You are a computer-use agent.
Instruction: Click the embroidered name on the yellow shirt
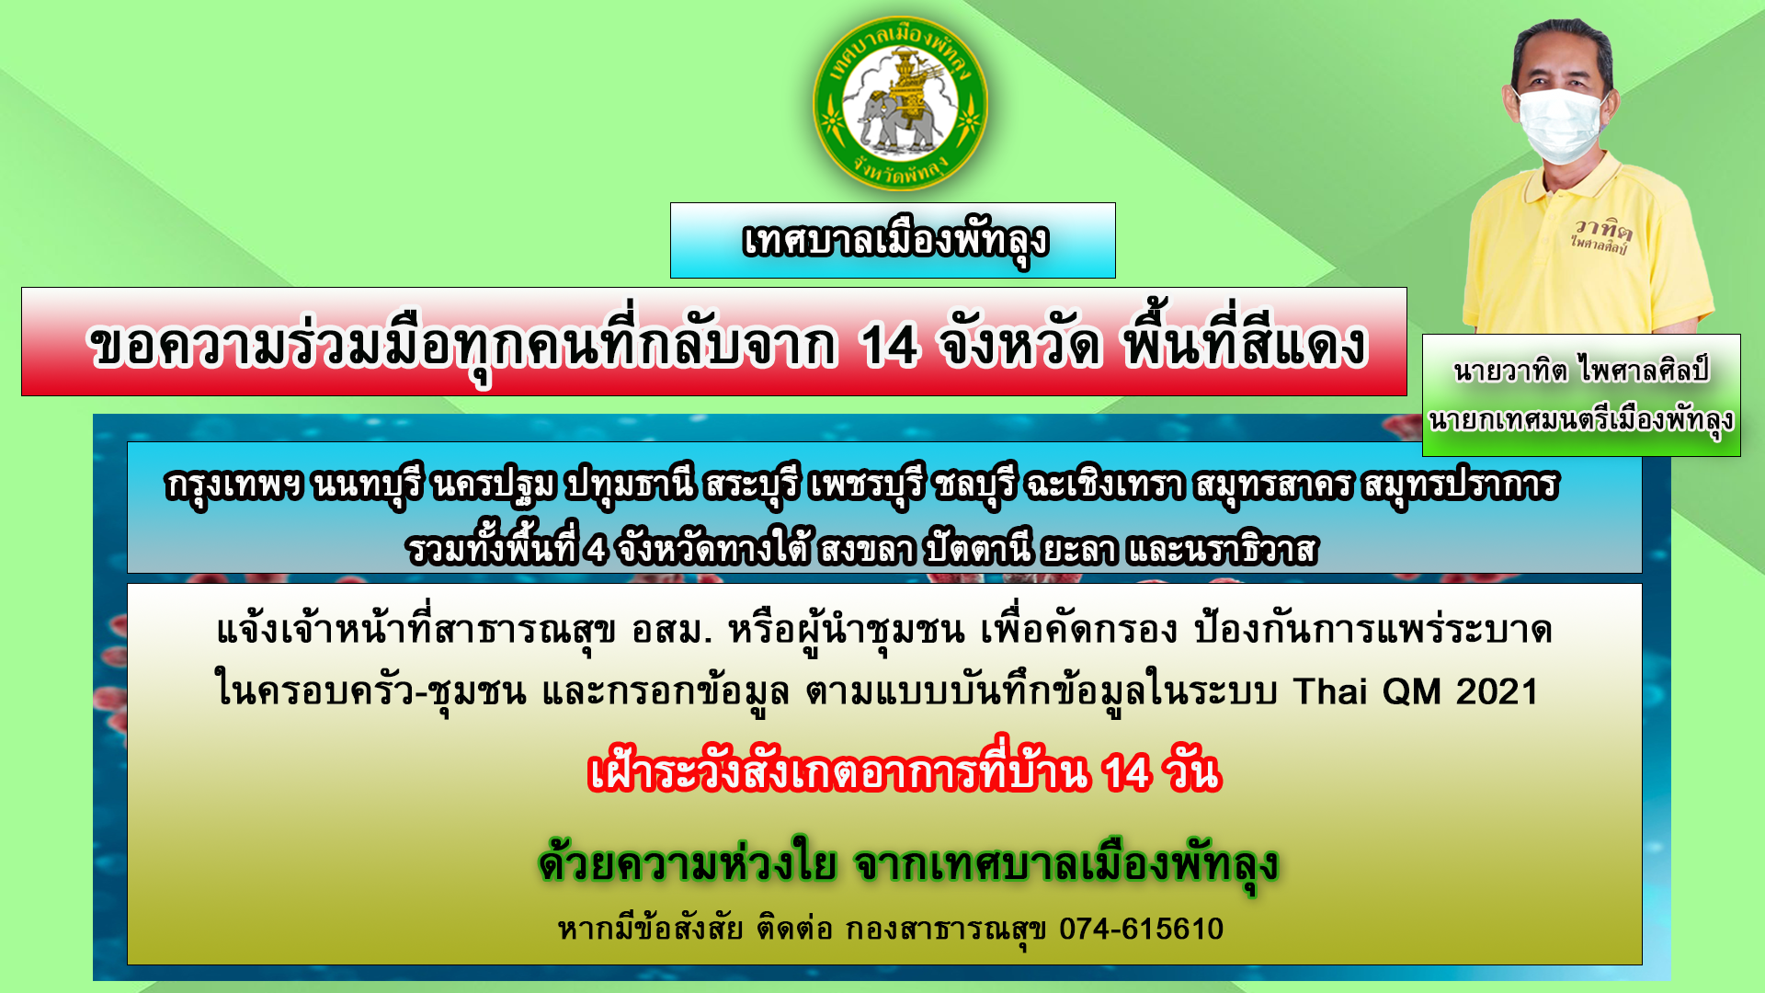tap(1600, 235)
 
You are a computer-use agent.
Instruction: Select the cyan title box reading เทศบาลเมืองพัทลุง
tap(893, 240)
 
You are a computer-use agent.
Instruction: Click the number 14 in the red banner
tap(889, 347)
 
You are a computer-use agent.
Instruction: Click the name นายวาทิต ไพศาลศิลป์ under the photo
tap(1581, 370)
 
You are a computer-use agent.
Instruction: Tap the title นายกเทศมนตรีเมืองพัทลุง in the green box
tap(1581, 420)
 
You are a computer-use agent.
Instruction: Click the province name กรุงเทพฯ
tap(233, 485)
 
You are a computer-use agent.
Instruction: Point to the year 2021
tap(1497, 691)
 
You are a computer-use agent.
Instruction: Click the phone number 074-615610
tap(1141, 929)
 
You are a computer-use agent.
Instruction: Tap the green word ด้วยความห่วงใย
tap(688, 863)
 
